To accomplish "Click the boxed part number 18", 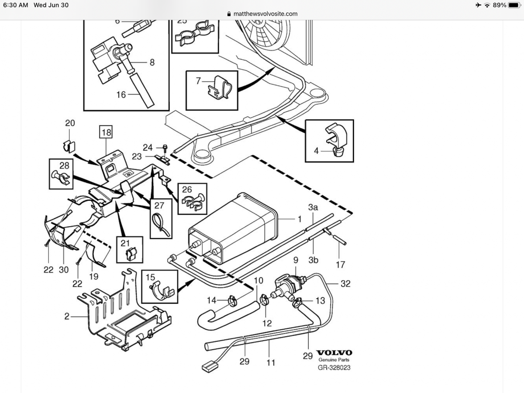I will pos(106,131).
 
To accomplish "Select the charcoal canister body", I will pos(234,227).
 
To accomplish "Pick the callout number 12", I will pos(267,323).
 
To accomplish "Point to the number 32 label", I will pos(345,283).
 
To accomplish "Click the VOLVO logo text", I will pos(334,352).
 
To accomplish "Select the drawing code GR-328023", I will pos(334,367).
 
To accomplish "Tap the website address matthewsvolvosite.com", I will pos(265,14).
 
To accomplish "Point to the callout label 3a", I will pos(313,207).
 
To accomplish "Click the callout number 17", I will pos(340,264).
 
